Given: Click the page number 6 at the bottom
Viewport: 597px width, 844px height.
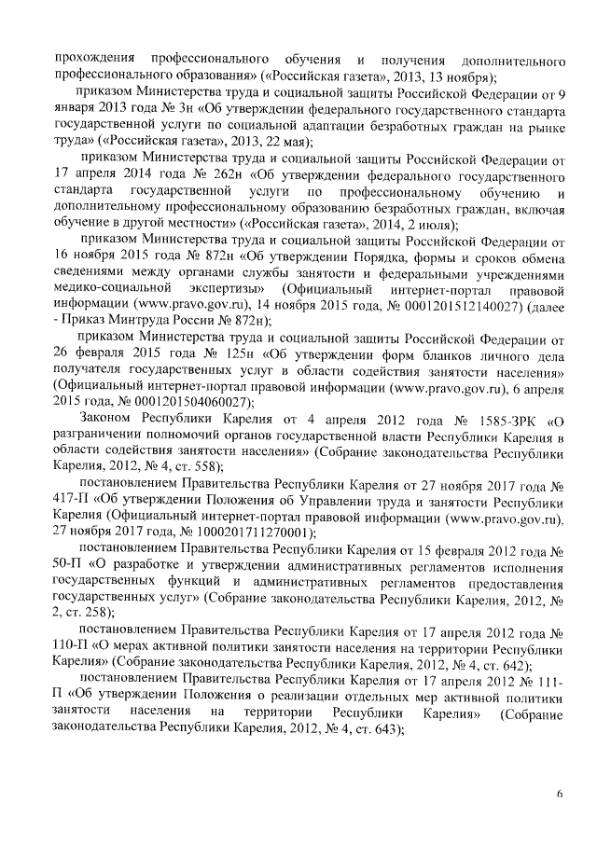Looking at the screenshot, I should [560, 793].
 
